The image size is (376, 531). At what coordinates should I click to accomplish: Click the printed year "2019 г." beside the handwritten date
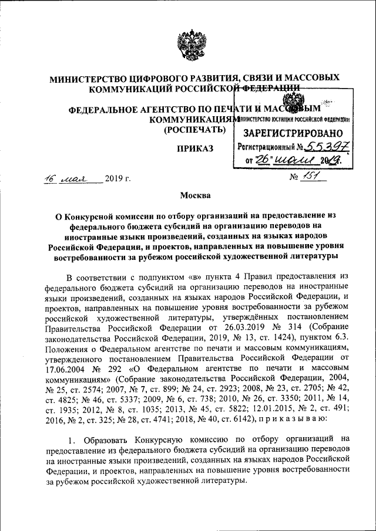point(117,178)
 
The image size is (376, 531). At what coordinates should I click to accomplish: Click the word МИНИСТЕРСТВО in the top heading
point(93,78)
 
